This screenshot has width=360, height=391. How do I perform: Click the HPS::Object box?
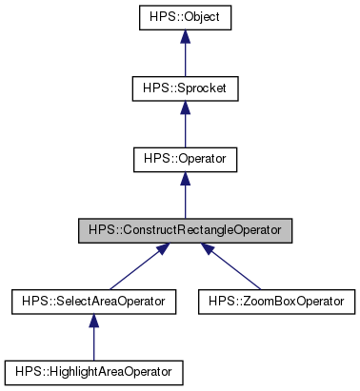coord(185,17)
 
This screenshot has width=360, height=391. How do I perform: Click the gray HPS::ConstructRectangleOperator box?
coord(185,230)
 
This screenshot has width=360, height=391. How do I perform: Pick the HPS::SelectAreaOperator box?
coord(92,302)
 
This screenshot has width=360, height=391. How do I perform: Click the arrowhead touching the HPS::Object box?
coord(185,35)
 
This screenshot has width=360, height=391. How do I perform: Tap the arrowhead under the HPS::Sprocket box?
coord(185,107)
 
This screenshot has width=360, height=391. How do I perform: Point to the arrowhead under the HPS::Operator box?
coord(185,178)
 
